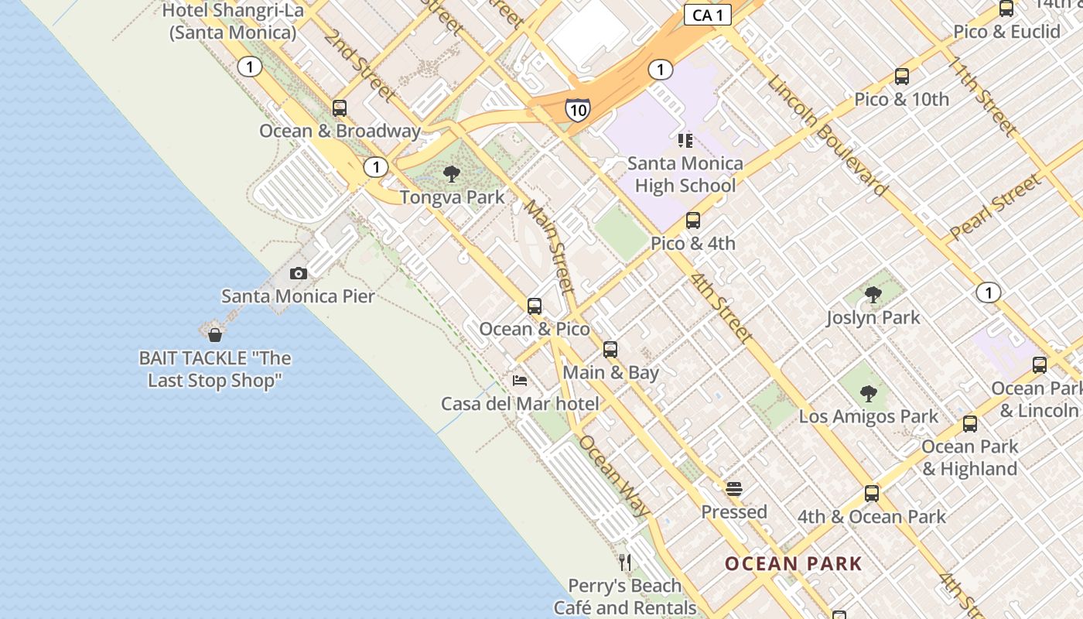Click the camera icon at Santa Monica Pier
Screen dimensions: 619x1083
299,273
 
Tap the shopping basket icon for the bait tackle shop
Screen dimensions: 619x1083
215,335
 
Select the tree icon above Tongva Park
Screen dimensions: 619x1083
452,173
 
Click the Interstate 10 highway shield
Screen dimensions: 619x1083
577,110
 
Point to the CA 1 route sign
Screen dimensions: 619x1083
708,15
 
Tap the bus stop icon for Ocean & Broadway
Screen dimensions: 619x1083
340,108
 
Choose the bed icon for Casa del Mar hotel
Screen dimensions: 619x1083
520,381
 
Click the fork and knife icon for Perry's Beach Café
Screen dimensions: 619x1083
625,563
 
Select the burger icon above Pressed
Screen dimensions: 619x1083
734,489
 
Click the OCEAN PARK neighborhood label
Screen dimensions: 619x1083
793,563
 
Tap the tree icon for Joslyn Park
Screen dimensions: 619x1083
873,295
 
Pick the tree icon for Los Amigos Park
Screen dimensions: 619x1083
869,394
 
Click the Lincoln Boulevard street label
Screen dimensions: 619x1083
827,135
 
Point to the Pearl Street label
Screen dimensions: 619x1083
995,207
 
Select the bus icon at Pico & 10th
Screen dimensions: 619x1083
902,77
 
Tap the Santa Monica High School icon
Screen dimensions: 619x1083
685,140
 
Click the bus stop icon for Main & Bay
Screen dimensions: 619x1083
610,350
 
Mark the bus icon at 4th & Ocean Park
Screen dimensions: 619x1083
872,494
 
